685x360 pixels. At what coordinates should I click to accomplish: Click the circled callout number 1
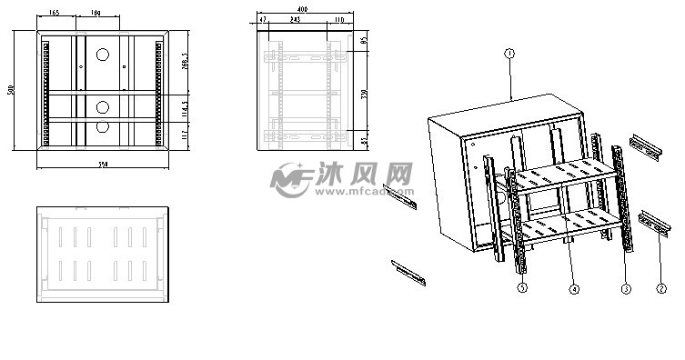tap(510, 55)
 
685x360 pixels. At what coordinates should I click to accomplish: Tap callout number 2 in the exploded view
tap(660, 289)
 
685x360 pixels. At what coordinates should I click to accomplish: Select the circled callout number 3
tap(626, 289)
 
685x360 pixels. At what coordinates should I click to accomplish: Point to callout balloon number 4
tap(574, 290)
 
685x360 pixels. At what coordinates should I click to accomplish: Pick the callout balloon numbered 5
tap(522, 288)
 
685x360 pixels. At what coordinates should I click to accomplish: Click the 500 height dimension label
tap(11, 90)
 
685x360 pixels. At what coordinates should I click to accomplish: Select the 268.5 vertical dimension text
tap(185, 62)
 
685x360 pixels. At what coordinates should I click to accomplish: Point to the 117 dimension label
tap(185, 135)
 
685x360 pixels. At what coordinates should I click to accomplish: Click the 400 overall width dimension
tap(301, 8)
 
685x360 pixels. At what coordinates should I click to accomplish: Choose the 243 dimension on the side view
tap(296, 19)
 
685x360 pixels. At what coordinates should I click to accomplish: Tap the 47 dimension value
tap(263, 19)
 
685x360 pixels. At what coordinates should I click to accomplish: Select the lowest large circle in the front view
tap(103, 128)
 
